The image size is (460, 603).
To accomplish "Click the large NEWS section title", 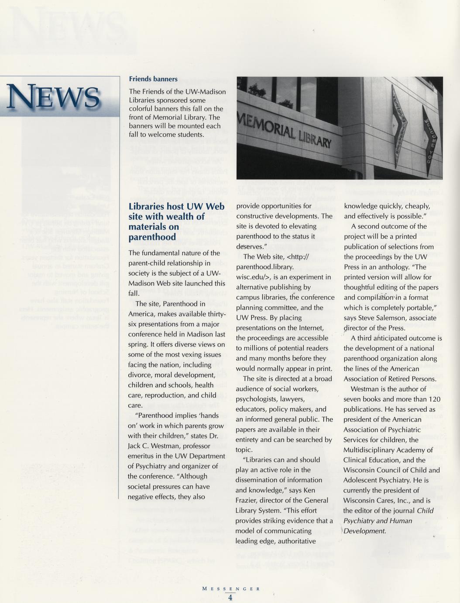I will click(x=53, y=97).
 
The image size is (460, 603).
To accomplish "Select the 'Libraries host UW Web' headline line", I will click(x=176, y=206).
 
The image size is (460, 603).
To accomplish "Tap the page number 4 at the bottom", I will click(x=230, y=598).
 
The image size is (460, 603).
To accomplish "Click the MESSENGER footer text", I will click(x=231, y=589).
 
